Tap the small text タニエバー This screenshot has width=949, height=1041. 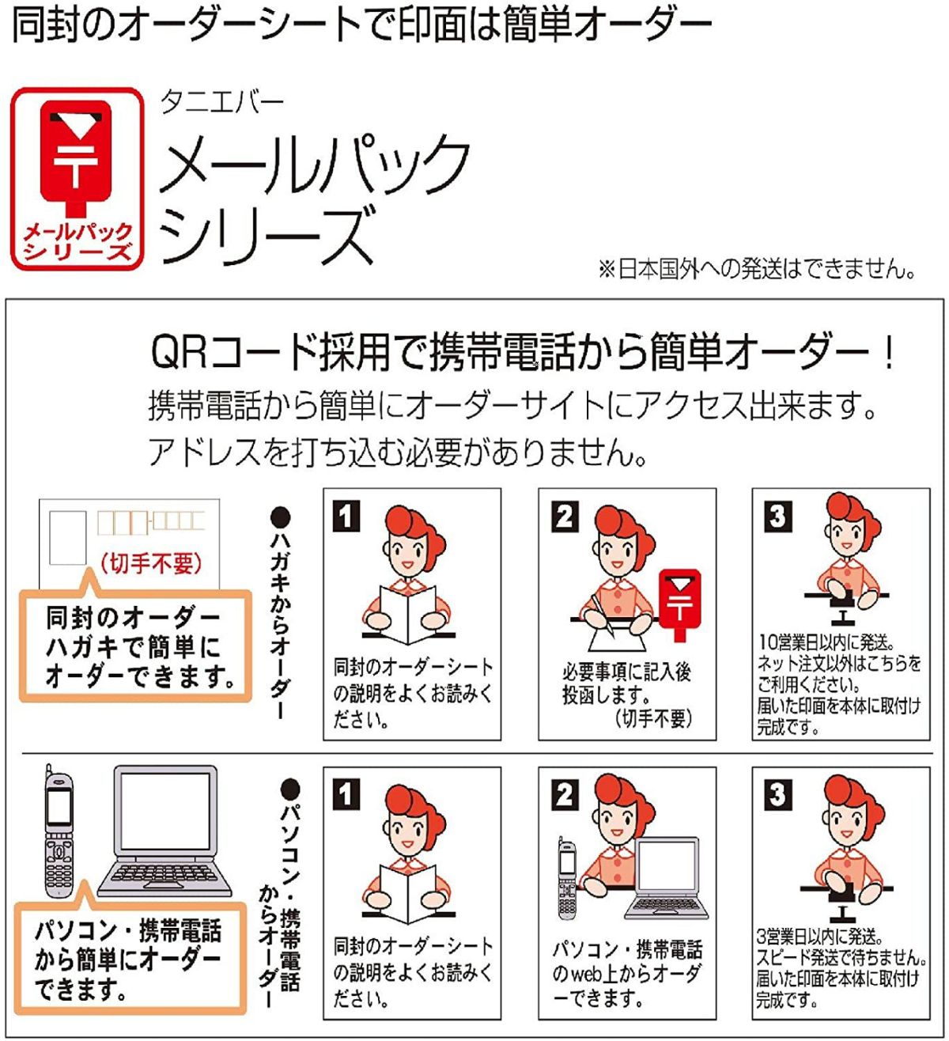click(x=221, y=102)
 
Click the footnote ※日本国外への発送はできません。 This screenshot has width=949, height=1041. click(x=756, y=269)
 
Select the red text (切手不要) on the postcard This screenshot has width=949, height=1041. click(x=150, y=564)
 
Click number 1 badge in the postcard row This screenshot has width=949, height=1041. click(x=346, y=516)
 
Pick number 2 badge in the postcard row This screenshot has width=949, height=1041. click(x=565, y=517)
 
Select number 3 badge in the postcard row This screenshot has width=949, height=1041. click(x=778, y=517)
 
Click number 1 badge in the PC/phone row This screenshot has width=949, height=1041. click(x=346, y=794)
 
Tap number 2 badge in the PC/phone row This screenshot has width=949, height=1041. click(x=565, y=794)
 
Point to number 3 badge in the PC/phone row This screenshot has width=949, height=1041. click(x=778, y=794)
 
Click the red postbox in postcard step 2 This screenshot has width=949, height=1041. click(x=679, y=605)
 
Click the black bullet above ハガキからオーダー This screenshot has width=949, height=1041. click(x=281, y=517)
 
